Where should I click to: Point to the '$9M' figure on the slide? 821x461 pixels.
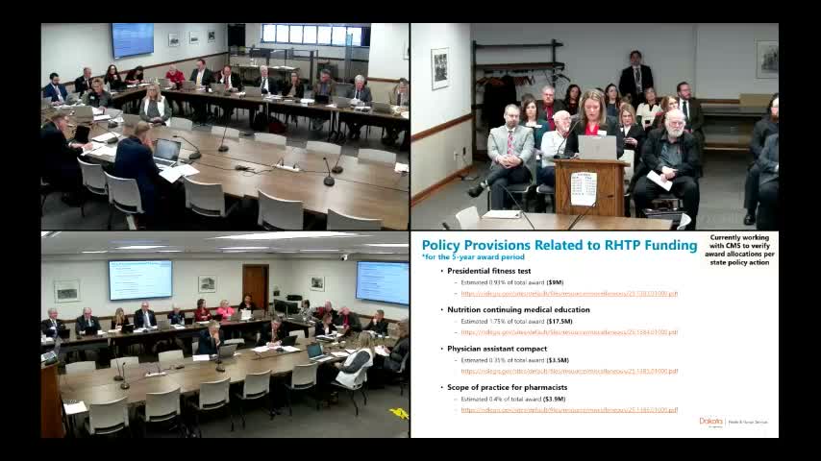tap(555, 283)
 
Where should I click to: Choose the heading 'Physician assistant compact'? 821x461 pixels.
tap(496, 349)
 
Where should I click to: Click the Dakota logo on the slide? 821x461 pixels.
tap(712, 422)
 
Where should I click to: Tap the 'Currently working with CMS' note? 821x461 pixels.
tap(740, 250)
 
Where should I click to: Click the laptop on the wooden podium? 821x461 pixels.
tap(597, 147)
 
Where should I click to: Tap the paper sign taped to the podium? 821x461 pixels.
tap(584, 188)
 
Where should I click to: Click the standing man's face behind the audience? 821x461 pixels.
tap(635, 60)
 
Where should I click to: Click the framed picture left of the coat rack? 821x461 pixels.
tap(439, 69)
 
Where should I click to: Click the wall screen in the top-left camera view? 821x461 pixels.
tap(133, 39)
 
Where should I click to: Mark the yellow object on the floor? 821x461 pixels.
tap(399, 413)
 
